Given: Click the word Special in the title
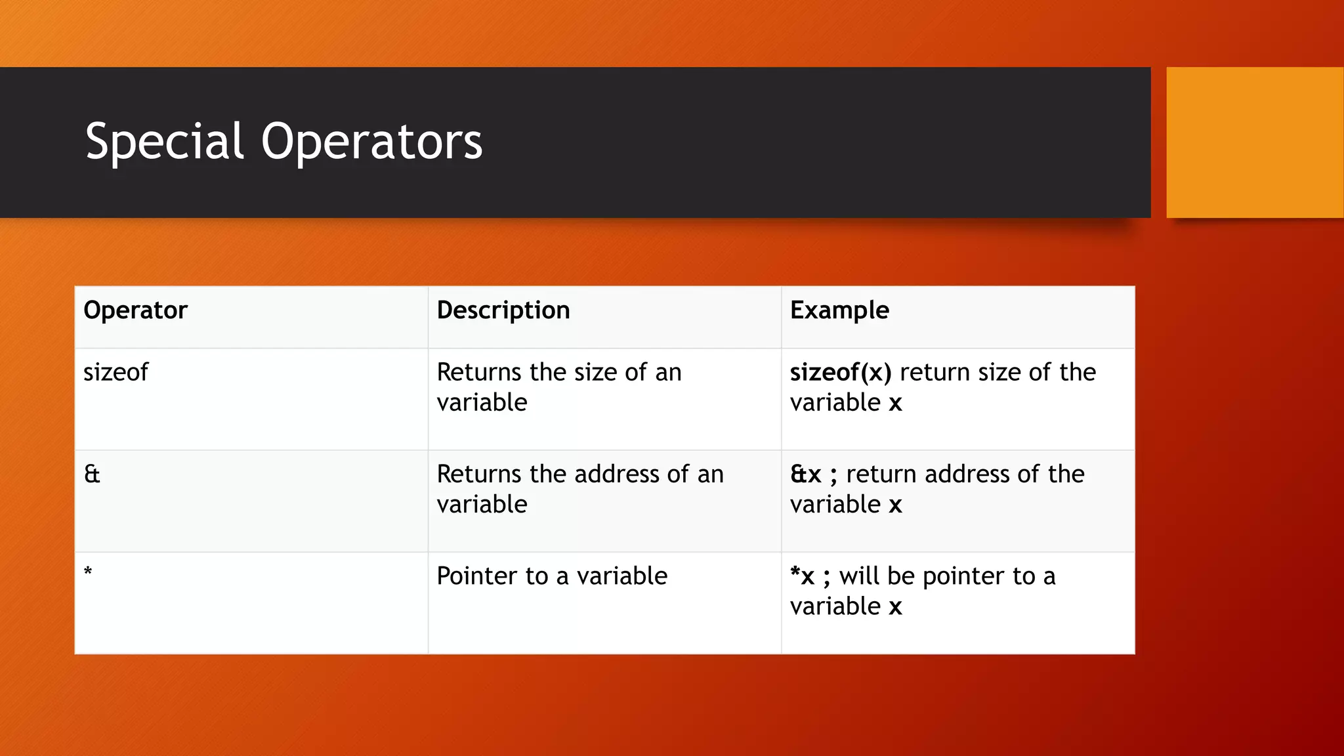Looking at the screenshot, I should point(165,142).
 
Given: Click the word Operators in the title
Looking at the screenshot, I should point(371,142).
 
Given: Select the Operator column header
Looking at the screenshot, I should point(135,310).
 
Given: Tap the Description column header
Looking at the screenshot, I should point(503,310).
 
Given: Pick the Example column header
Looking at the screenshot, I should point(839,310).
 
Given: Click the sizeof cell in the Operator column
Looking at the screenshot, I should point(116,373).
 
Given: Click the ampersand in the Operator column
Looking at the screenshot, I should point(92,474).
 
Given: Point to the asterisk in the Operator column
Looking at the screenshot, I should point(88,572).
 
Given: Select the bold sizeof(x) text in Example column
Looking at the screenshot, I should point(841,373).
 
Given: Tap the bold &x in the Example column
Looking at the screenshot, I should point(805,474).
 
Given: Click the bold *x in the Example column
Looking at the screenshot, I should point(802,576).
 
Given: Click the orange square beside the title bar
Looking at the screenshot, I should point(1254,142).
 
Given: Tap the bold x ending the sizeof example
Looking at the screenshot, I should point(896,403).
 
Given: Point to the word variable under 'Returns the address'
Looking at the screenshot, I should point(482,505).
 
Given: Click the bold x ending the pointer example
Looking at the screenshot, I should point(896,607).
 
